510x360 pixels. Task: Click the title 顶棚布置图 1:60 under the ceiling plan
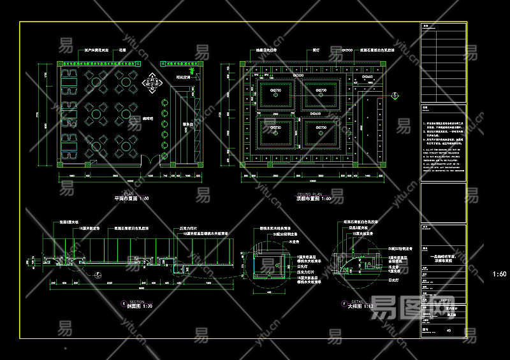tap(313, 199)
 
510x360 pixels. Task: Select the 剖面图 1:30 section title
tap(138, 306)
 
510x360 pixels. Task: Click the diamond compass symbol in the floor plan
tap(152, 81)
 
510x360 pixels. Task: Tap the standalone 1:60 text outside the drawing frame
tap(500, 274)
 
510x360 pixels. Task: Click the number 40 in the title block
tap(449, 331)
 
